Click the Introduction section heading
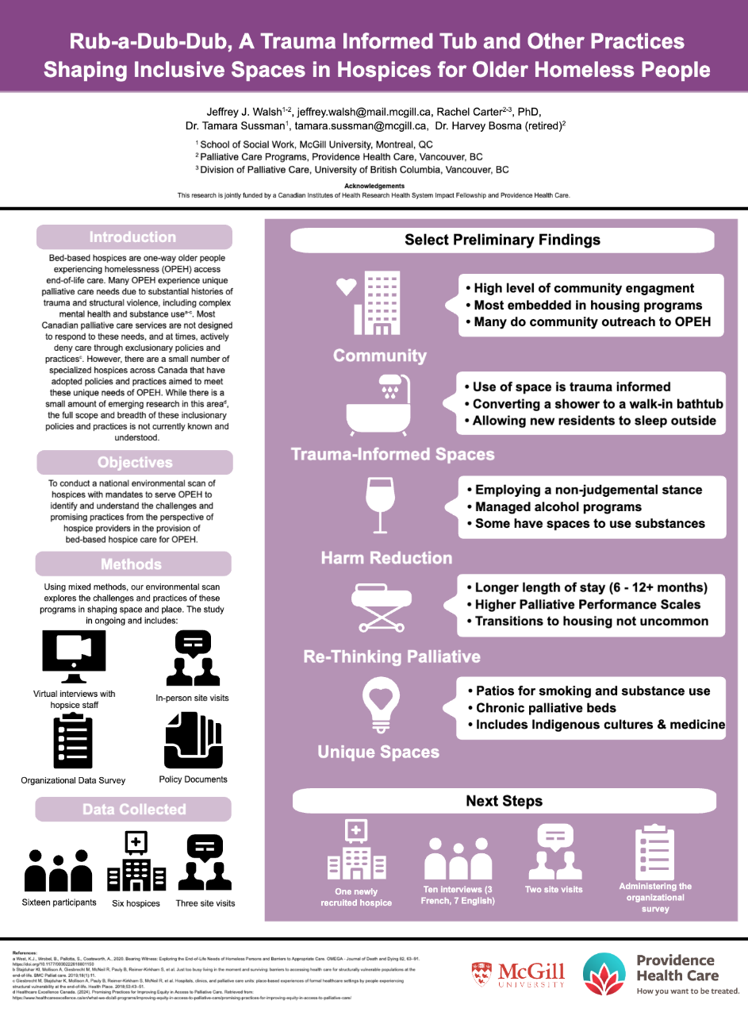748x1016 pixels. tap(133, 237)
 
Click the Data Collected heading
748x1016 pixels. tap(134, 810)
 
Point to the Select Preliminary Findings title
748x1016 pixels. tap(502, 240)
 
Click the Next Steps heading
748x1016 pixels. tap(504, 801)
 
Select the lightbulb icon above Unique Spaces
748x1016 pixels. tap(378, 702)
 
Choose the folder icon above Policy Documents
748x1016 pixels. tap(192, 740)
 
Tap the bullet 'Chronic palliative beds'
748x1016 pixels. tap(546, 707)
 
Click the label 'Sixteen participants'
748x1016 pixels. tap(59, 902)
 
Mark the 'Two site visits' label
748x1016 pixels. tap(554, 890)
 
